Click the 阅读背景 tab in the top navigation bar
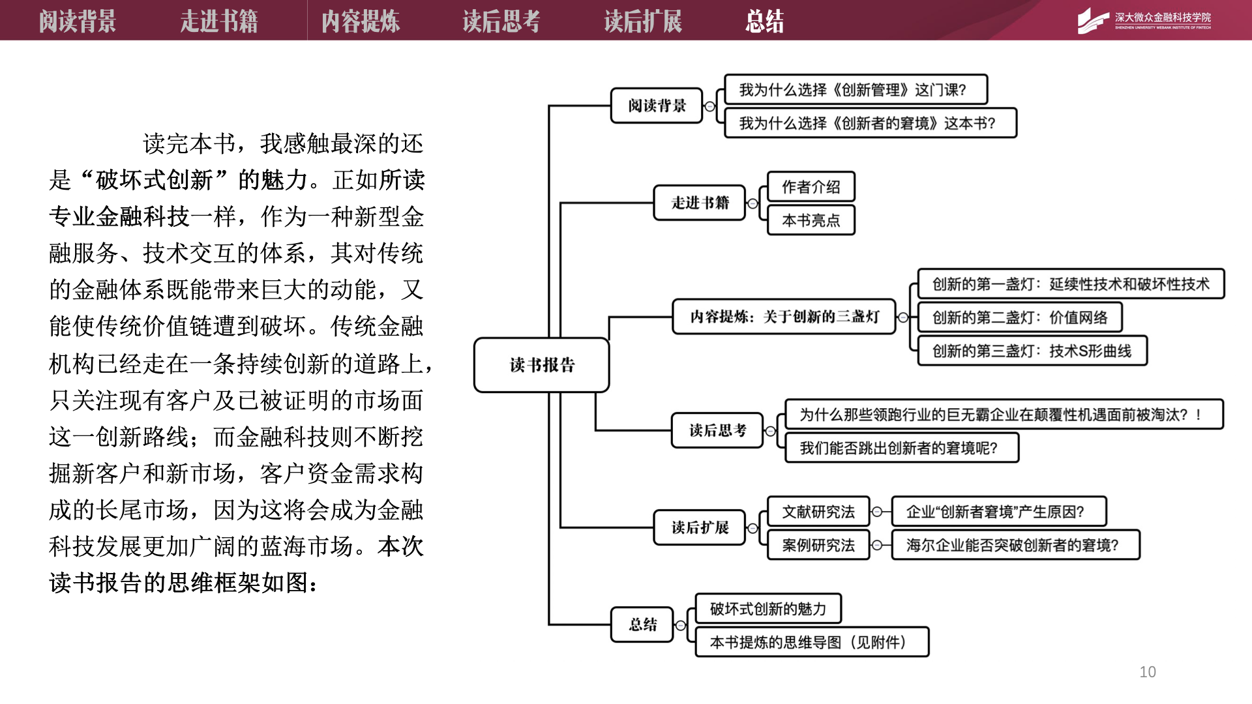point(77,21)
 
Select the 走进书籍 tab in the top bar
point(218,21)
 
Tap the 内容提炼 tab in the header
point(360,21)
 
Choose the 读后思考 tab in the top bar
point(501,21)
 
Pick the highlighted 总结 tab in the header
point(764,21)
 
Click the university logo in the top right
point(1144,20)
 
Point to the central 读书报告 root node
point(541,365)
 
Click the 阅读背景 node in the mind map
point(657,106)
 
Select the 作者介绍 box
point(811,187)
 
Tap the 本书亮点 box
point(811,220)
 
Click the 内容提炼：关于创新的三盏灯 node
point(784,317)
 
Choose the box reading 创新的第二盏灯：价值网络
point(1019,317)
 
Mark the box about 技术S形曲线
point(1032,351)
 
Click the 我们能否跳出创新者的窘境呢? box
point(901,448)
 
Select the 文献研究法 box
point(818,512)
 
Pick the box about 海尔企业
point(1015,545)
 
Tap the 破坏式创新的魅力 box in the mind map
point(768,609)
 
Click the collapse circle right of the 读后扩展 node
point(753,528)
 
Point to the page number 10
point(1147,671)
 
